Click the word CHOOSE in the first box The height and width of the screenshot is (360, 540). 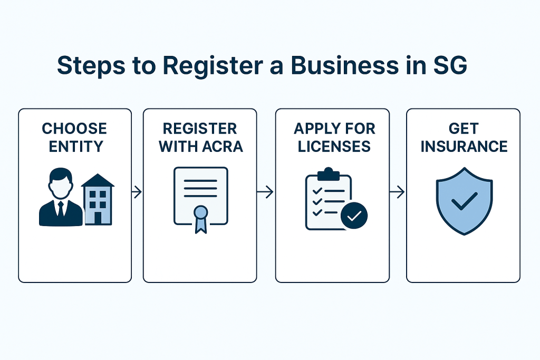click(74, 129)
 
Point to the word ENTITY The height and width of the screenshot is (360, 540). click(74, 146)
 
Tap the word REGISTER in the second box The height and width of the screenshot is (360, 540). click(200, 129)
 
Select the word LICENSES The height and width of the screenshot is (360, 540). click(332, 146)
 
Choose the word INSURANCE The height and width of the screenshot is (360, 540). click(464, 146)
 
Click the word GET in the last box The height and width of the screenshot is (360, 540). click(464, 129)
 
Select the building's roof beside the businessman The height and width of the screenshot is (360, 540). click(98, 180)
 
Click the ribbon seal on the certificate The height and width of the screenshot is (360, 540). click(200, 217)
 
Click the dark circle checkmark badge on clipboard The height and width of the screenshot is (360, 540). click(354, 215)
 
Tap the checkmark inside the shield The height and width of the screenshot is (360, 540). click(464, 201)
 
